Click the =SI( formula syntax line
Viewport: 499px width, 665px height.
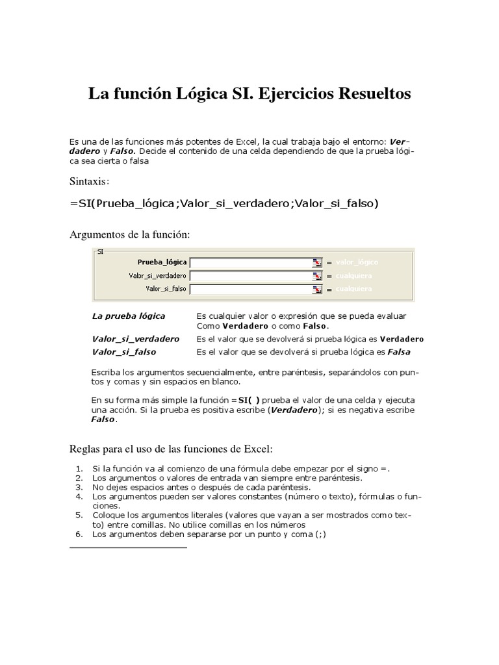(224, 204)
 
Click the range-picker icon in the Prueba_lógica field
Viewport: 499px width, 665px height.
(317, 262)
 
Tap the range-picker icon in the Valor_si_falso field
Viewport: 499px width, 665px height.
(317, 289)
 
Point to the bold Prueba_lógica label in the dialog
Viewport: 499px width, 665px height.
(162, 262)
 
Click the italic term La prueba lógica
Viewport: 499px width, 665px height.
(129, 316)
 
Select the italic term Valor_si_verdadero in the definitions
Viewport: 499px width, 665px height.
(135, 339)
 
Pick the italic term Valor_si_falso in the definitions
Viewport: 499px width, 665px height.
(123, 352)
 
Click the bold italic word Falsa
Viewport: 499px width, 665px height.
(399, 352)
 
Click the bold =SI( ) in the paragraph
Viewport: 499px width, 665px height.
(248, 400)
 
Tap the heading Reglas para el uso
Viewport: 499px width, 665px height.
(172, 449)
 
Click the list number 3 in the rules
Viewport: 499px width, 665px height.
(79, 486)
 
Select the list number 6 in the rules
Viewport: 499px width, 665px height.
(79, 534)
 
